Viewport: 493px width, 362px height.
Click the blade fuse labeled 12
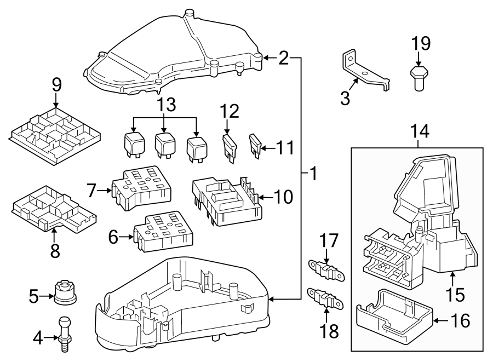(230, 147)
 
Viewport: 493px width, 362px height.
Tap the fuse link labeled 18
(327, 297)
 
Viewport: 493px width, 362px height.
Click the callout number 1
(313, 175)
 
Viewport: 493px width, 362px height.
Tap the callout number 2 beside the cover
(283, 58)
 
